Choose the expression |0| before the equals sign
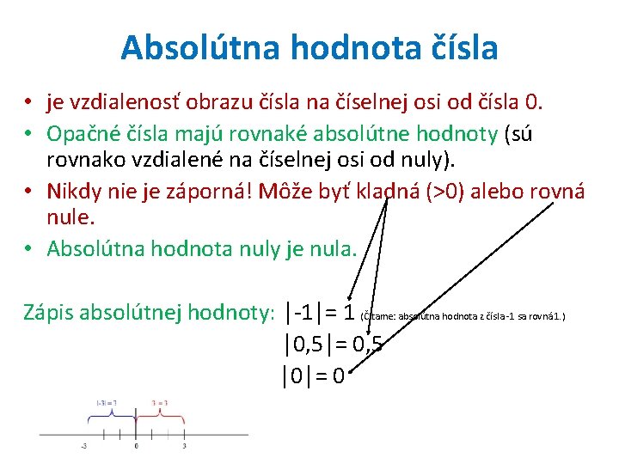click(x=294, y=375)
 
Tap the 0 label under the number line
click(x=136, y=445)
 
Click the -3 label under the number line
click(x=84, y=445)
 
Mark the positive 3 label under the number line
click(x=185, y=445)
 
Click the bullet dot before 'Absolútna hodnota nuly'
click(x=28, y=249)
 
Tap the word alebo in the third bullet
click(x=502, y=191)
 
